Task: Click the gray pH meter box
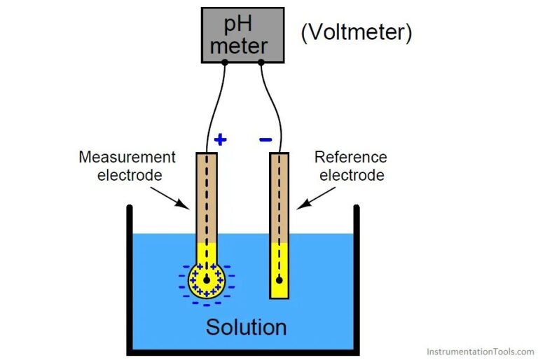(242, 35)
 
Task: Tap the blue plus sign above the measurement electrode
(220, 139)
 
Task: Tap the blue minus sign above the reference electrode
(265, 139)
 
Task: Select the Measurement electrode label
(127, 165)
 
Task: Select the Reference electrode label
(351, 165)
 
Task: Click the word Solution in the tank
(246, 327)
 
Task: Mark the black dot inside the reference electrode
(280, 280)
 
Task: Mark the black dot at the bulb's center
(206, 279)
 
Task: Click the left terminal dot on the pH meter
(225, 62)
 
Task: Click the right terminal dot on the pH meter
(261, 62)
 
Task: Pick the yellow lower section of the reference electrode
(280, 270)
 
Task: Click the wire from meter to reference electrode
(275, 105)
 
